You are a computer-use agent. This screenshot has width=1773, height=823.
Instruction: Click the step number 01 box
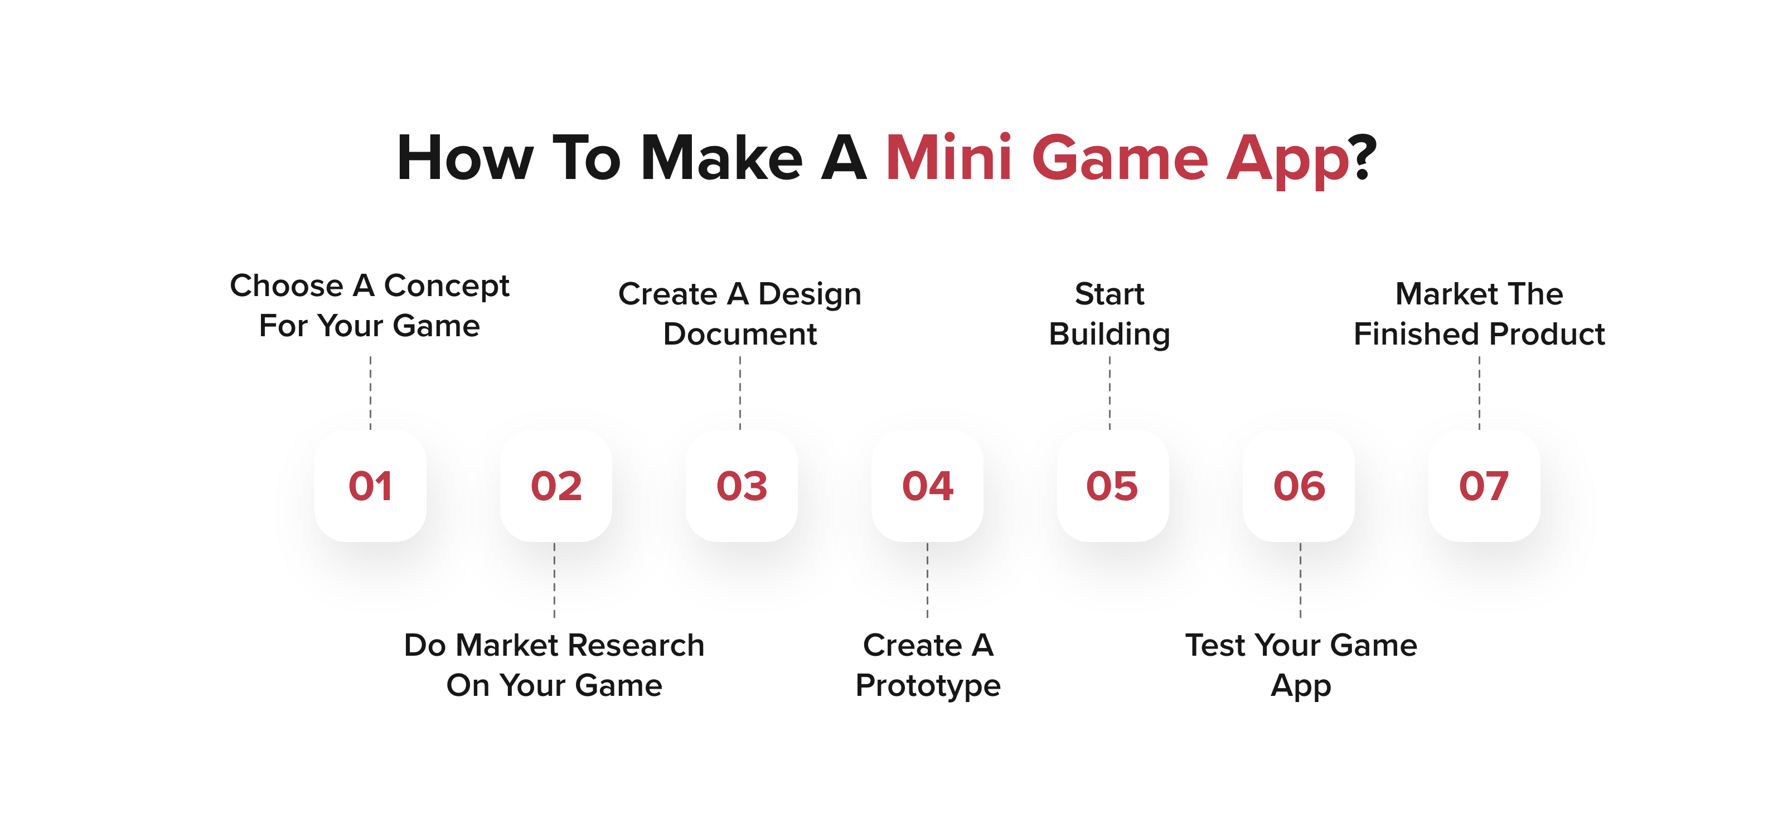370,486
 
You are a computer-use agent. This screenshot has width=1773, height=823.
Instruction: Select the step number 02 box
556,486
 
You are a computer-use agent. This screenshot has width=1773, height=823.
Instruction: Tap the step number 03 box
742,486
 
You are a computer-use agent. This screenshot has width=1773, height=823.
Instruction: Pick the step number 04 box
927,486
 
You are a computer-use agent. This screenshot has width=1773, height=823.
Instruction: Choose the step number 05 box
1113,486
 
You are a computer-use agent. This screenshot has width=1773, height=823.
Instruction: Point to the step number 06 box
1299,486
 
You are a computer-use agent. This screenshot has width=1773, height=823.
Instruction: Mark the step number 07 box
1485,486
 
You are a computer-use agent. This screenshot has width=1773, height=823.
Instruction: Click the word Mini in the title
948,158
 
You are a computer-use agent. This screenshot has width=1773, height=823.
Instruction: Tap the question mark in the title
1363,158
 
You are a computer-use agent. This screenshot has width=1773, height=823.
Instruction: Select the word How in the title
466,158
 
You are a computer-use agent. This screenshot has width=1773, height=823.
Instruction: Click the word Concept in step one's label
446,286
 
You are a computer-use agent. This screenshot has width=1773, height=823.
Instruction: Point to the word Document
740,334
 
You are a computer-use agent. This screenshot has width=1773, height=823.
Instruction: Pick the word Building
1110,335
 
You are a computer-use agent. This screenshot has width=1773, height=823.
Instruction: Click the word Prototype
928,686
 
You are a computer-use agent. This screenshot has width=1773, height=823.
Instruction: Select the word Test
1215,646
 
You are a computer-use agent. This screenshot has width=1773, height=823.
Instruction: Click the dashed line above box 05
1110,393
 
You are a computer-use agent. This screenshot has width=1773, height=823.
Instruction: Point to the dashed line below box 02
555,580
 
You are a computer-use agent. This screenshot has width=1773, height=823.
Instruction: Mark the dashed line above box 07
1480,393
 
